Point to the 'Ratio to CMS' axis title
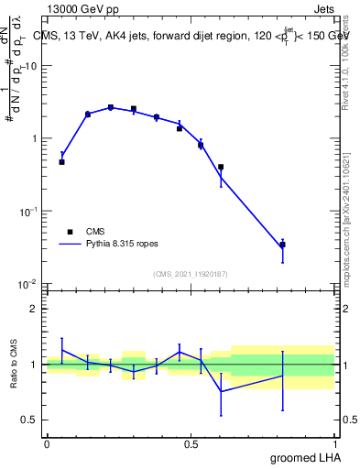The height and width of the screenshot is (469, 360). tap(14, 365)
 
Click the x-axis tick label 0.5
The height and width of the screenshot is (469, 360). tap(191, 443)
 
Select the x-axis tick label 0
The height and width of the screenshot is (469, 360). tap(47, 443)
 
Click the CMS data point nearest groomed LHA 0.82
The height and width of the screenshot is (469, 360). tap(283, 245)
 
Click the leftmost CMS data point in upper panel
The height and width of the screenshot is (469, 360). tap(61, 162)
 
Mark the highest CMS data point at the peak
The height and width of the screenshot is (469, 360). tap(111, 107)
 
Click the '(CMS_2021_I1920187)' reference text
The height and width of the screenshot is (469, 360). tap(191, 274)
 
